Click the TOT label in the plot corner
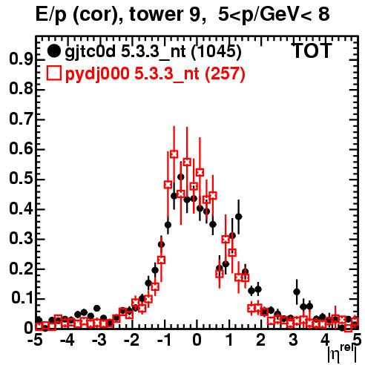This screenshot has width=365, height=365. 312,51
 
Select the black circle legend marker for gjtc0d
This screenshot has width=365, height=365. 53,51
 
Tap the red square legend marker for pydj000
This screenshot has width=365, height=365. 53,73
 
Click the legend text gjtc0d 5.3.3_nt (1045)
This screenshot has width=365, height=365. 153,52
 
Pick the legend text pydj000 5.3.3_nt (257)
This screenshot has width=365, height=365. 155,73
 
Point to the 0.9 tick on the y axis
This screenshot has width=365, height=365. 21,59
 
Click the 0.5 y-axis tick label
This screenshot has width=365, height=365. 21,179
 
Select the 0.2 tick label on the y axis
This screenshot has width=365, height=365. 21,269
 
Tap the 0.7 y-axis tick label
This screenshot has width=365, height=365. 21,119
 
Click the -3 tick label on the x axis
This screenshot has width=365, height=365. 99,341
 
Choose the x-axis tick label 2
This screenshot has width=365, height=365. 261,341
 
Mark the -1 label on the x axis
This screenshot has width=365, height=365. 164,341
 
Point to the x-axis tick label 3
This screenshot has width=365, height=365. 293,341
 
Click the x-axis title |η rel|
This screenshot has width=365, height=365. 342,354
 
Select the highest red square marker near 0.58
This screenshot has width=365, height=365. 174,154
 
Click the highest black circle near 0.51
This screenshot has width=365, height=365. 181,177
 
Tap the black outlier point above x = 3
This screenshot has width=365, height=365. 297,292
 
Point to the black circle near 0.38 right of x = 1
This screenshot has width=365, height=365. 238,217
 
